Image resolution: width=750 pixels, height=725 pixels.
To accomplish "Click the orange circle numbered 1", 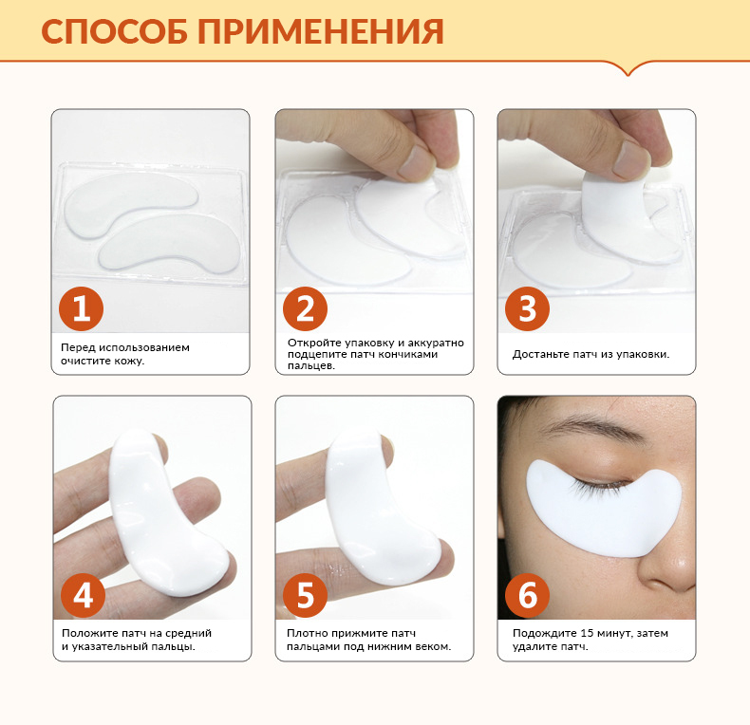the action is pos(81,308).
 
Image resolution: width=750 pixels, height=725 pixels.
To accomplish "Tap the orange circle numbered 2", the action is pos(305,308).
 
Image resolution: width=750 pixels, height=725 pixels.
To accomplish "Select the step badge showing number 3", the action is pos(527,308).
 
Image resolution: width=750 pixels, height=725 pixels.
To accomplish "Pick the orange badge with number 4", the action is pos(83,595).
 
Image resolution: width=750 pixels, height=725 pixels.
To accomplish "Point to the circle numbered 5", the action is pos(305,595).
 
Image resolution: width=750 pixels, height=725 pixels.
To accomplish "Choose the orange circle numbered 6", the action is pos(527,595).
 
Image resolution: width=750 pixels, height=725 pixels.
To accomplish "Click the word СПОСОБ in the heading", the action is pos(114,32).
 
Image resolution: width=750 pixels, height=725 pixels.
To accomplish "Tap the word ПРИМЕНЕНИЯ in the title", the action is pos(321,32).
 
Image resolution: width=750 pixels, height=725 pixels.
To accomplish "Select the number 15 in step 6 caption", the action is pos(587,633).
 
